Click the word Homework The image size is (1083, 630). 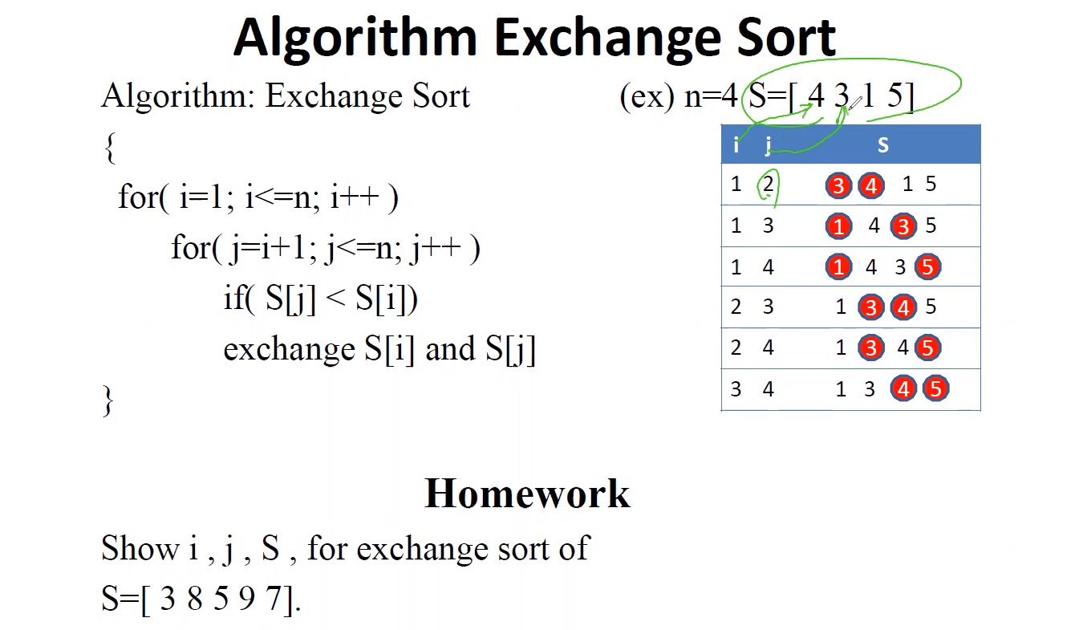pos(528,494)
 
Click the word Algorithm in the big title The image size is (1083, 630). pos(355,39)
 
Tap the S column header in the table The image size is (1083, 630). pos(882,144)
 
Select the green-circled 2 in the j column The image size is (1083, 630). pos(768,185)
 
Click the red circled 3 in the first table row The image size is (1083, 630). pos(838,185)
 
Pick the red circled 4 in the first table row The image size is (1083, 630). pos(871,185)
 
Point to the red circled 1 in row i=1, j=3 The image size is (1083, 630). pos(838,226)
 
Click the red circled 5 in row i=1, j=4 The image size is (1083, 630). pos(928,267)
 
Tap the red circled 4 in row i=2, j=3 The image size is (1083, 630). pos(903,307)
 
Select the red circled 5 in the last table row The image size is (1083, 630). pos(936,388)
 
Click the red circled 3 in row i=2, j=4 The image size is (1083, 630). pos(870,348)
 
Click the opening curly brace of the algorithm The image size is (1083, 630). pos(110,148)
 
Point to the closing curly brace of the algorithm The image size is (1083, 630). pos(108,400)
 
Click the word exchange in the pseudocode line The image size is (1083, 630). pos(289,350)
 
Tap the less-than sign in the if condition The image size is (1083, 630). pos(335,299)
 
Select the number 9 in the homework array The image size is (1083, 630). pos(247,598)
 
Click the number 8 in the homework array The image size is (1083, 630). pos(195,598)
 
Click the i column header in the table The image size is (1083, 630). pos(736,144)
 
